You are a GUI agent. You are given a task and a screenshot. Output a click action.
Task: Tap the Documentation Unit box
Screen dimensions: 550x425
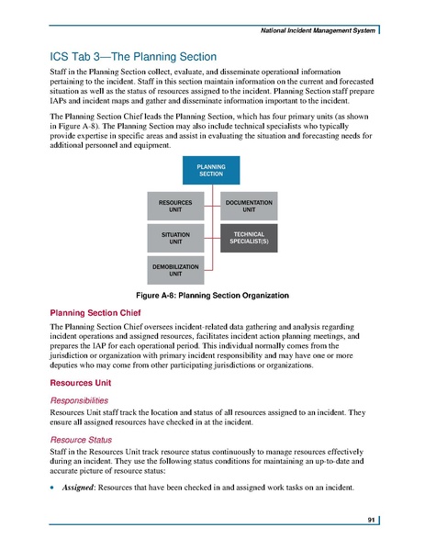[x=249, y=206]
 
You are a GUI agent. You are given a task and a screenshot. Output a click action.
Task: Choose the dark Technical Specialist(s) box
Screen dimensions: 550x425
[x=249, y=240]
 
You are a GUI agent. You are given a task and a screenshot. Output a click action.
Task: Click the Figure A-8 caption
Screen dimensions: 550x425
[x=212, y=296]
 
